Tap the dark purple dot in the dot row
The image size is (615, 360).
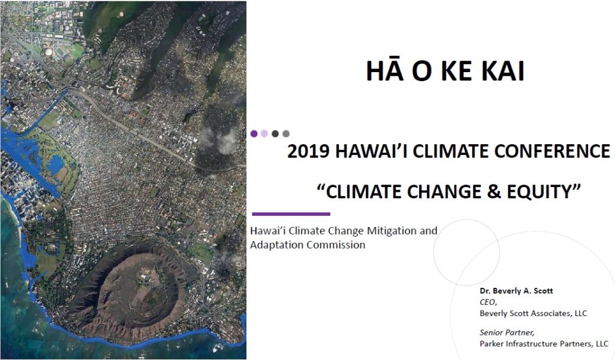254,133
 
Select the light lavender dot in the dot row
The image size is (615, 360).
264,133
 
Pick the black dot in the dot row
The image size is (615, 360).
275,133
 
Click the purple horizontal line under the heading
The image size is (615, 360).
291,214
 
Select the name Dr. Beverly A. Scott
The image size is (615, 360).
516,291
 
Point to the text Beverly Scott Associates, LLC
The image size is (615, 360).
533,313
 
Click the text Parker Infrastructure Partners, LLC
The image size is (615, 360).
544,344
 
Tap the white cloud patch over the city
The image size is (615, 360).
220,140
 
